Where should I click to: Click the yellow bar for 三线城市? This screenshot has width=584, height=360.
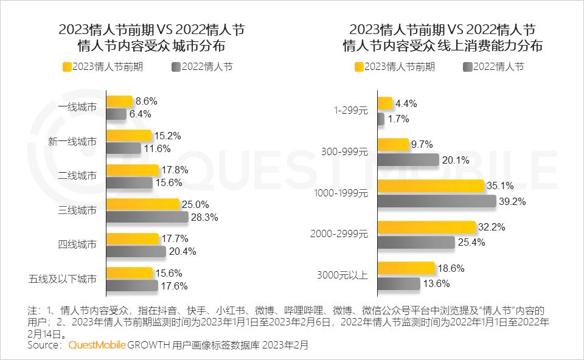tap(143, 204)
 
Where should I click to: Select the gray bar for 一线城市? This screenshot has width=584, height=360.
tap(116, 114)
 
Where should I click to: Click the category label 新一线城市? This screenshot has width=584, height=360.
tap(72, 142)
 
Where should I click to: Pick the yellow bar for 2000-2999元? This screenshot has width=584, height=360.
tap(426, 227)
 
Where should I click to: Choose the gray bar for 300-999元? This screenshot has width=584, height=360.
tap(408, 160)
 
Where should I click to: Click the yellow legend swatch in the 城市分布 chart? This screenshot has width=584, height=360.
tap(66, 67)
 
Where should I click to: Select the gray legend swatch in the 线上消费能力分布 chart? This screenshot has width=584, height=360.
tap(467, 67)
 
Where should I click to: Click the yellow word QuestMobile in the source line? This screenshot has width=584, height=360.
tap(97, 345)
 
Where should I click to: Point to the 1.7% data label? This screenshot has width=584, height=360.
tap(398, 119)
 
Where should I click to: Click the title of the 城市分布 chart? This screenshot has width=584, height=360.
tap(151, 38)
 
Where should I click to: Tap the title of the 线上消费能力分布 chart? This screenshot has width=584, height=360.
tap(443, 38)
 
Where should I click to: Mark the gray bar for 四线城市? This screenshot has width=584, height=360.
tap(136, 251)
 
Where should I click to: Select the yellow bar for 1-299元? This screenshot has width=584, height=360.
tap(385, 103)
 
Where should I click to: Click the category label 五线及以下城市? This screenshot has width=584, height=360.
tap(63, 280)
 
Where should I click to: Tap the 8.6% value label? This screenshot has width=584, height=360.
tap(147, 101)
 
